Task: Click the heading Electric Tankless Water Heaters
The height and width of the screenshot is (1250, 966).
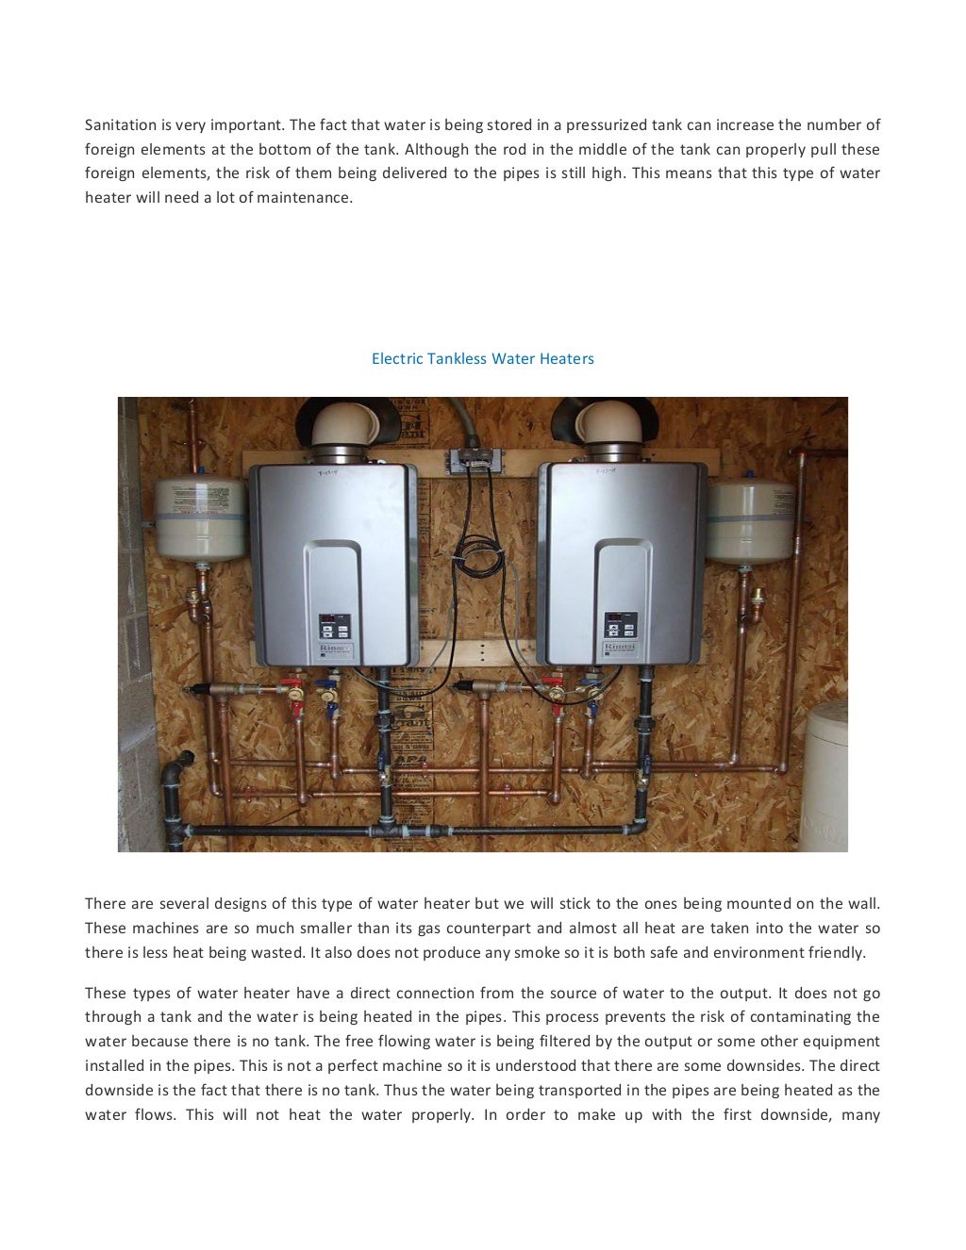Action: [482, 358]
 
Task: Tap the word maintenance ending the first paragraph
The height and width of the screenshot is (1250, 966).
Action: [308, 198]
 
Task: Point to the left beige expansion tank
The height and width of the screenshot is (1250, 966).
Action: [200, 517]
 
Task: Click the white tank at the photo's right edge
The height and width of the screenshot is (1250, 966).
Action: [826, 773]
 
